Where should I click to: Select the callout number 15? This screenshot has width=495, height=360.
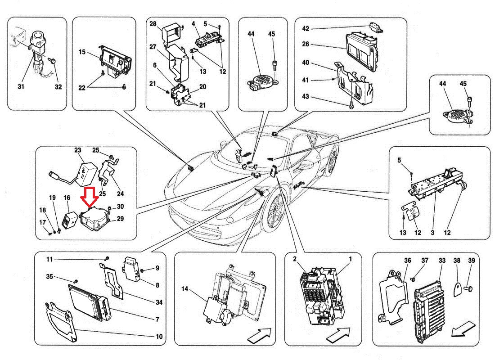pos(82,52)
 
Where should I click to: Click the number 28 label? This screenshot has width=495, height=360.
pos(153,23)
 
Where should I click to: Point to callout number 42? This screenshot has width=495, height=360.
pos(306,28)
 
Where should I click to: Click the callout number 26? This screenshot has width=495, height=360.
pos(306,45)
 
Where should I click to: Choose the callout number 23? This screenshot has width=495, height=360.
pos(77,150)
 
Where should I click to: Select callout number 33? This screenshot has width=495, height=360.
pos(442,261)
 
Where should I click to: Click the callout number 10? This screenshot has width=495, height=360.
pos(159,337)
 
